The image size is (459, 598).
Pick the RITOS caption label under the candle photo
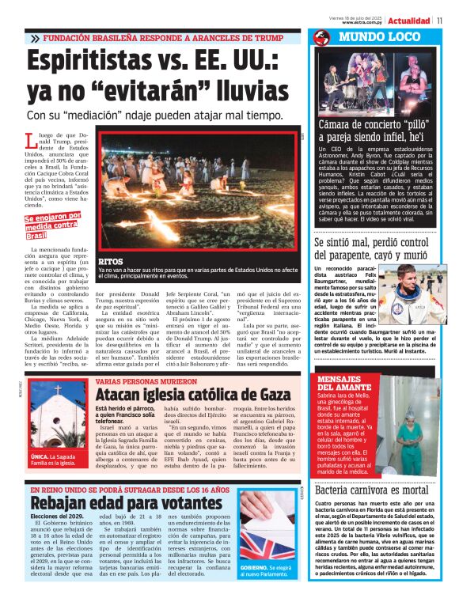pos(110,262)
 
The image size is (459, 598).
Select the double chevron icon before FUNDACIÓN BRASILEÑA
pos(35,38)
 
